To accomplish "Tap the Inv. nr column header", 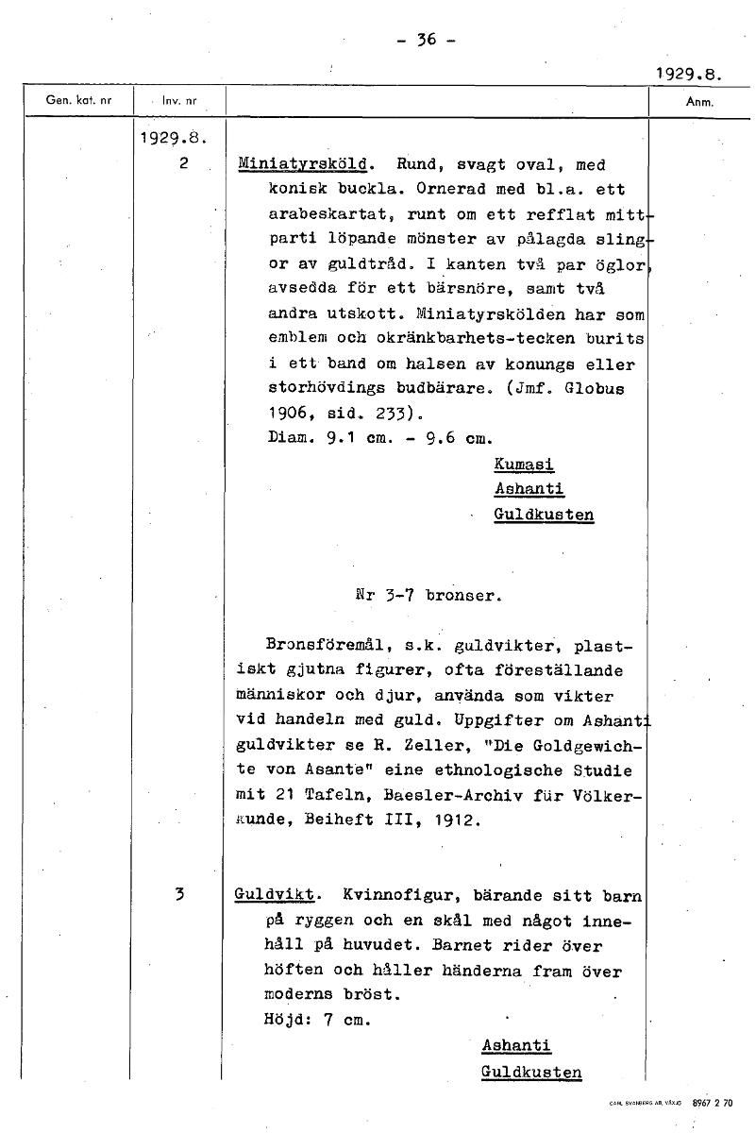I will click(x=179, y=100).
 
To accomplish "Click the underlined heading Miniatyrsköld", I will click(x=302, y=164).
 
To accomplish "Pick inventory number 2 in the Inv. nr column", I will click(x=183, y=163).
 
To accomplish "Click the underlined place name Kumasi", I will click(x=524, y=465).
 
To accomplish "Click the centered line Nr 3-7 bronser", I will click(x=429, y=596).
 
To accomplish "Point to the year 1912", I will click(x=461, y=820).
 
